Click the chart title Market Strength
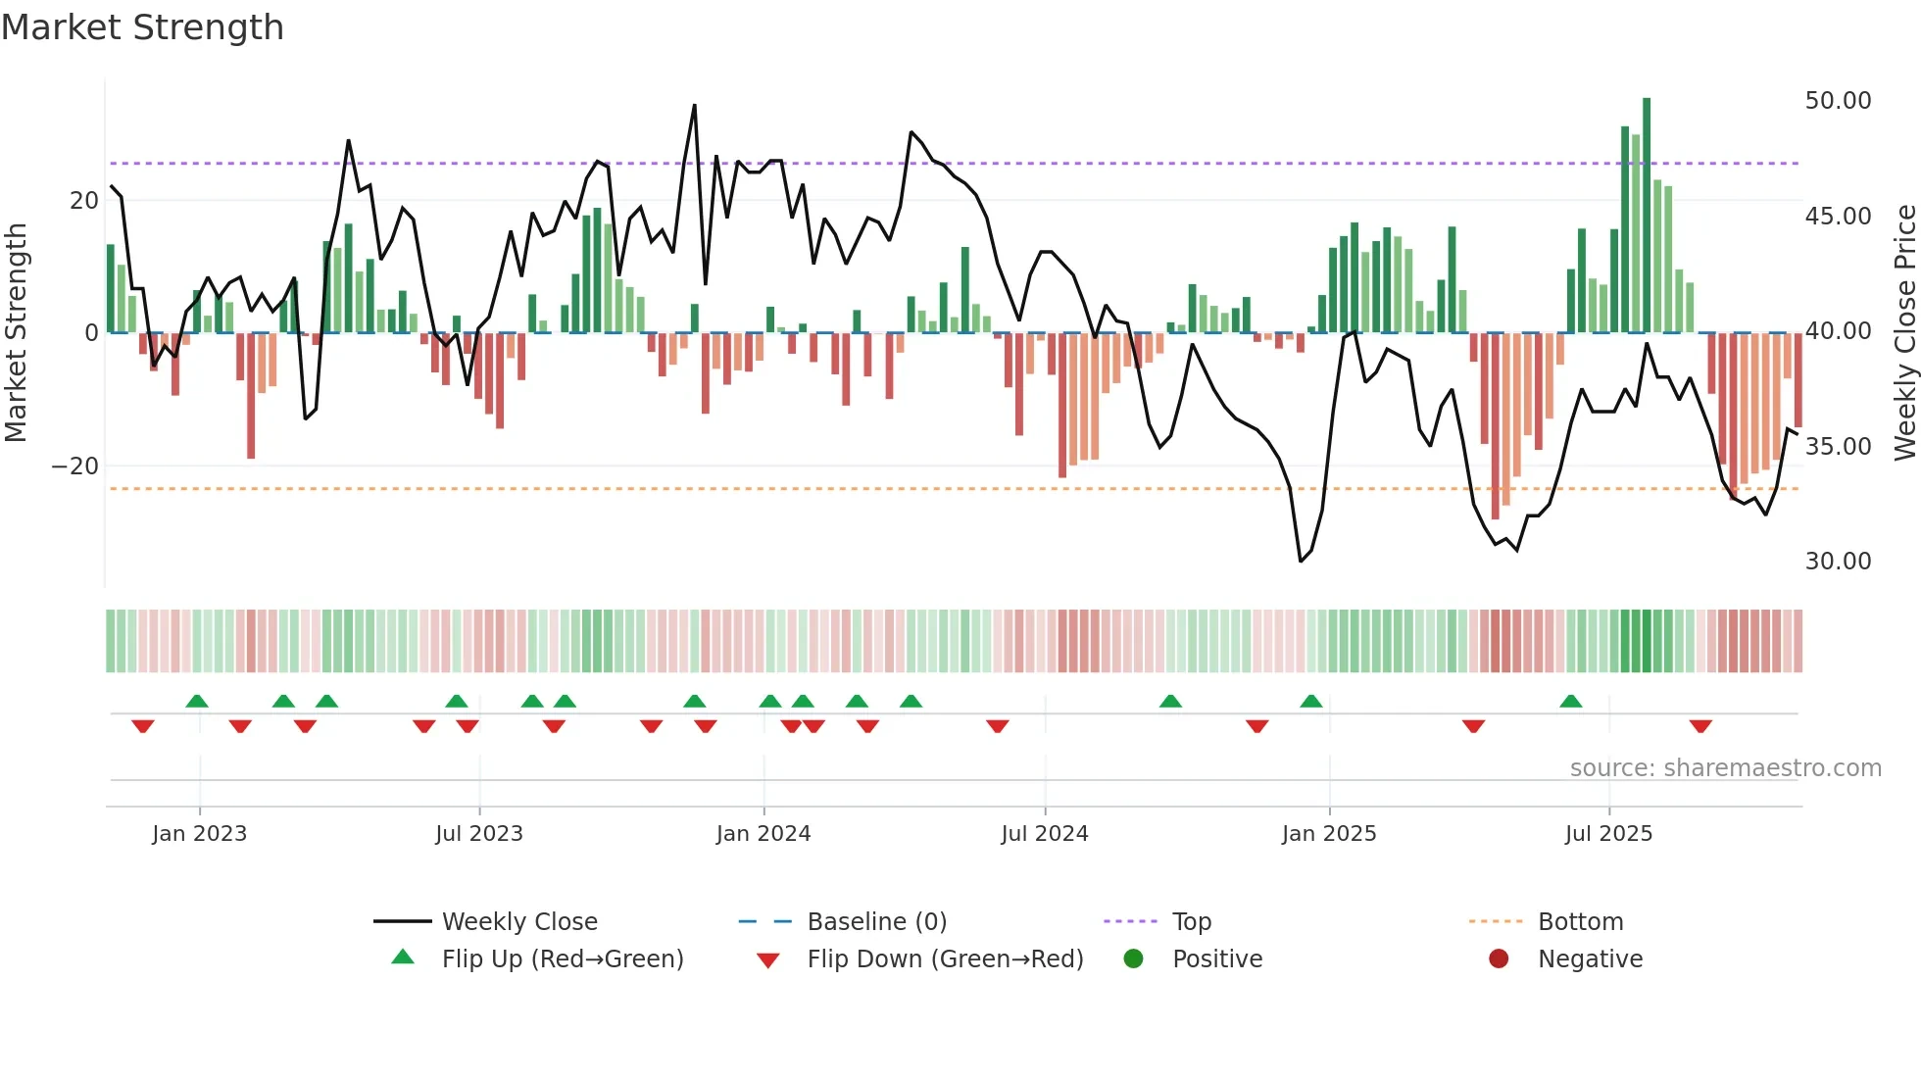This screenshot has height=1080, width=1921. pos(142,27)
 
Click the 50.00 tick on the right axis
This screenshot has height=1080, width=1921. pos(1838,101)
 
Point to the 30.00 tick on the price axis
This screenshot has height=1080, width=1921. pos(1838,562)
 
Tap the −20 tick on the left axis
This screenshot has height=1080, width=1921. pos(75,466)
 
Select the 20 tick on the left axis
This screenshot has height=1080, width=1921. pos(84,201)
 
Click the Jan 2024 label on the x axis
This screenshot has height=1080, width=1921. pos(763,834)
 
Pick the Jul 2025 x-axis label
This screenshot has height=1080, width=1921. pos(1608,834)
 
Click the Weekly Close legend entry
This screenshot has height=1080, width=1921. pos(518,922)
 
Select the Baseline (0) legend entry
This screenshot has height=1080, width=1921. pos(876,922)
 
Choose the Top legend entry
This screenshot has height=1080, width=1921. pos(1191,922)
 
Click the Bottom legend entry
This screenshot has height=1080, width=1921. pos(1580,922)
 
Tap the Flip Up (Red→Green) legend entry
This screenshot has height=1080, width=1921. pos(562,959)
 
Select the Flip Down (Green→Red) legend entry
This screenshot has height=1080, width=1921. pos(945,959)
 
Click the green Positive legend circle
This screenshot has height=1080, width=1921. pos(1134,959)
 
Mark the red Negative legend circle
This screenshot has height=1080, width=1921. pos(1499,959)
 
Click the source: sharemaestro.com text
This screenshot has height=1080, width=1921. pos(1725,768)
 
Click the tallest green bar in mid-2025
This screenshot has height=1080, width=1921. pos(1647,216)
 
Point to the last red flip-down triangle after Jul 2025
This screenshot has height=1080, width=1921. pos(1700,726)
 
